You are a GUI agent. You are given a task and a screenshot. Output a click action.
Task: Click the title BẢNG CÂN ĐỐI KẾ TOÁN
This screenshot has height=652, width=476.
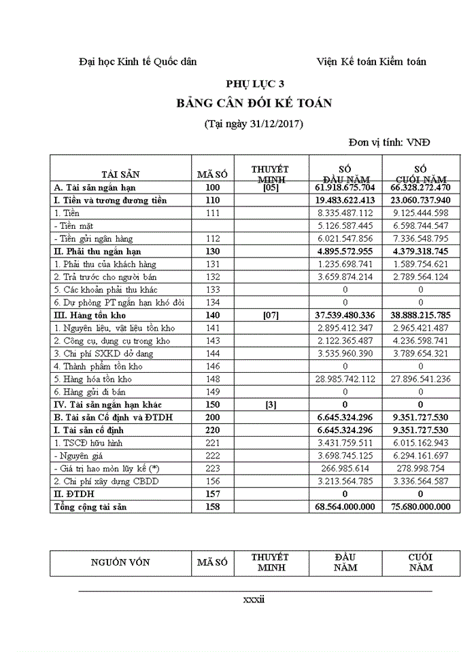pos(254,103)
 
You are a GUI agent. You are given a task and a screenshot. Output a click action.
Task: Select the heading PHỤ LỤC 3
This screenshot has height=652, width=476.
pos(255,84)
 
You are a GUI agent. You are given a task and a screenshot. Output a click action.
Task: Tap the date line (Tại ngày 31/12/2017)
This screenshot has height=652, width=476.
pos(254,124)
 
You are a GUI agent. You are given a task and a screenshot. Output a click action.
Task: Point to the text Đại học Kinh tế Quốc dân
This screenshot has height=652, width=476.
pos(138,62)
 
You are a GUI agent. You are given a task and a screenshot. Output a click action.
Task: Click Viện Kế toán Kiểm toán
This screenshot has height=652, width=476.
pos(371,62)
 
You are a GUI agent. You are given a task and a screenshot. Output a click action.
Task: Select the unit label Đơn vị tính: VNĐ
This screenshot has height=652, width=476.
pos(389,143)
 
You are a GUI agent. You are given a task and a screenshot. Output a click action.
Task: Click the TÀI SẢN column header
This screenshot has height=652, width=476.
pos(120,174)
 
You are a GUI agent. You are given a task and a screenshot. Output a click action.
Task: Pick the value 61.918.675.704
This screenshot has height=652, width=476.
pos(345,187)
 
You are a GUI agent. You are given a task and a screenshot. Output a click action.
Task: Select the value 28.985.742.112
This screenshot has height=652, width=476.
pos(345,379)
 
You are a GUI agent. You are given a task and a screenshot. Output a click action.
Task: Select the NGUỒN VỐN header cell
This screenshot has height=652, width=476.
pos(120,562)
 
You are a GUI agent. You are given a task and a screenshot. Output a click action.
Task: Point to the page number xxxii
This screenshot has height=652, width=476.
pos(254,600)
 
